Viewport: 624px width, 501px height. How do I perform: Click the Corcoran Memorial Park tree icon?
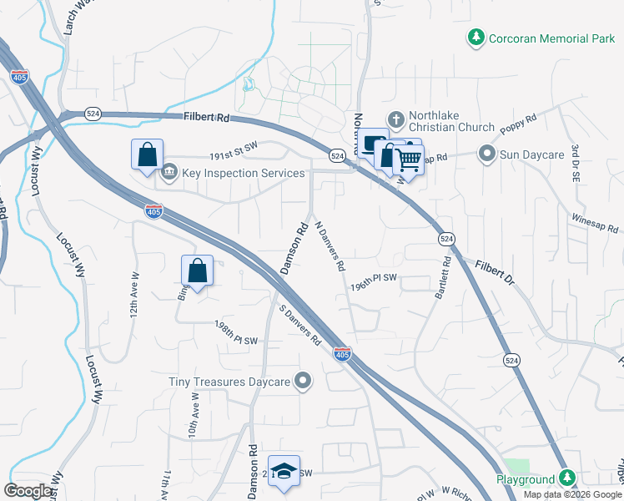(x=476, y=38)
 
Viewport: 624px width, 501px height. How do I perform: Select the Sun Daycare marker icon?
(x=486, y=154)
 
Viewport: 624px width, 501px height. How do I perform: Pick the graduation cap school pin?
(x=283, y=469)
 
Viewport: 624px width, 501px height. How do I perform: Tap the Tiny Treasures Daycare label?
(x=229, y=382)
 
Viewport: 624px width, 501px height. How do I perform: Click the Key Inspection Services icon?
(x=169, y=172)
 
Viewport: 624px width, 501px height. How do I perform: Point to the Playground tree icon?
(x=567, y=478)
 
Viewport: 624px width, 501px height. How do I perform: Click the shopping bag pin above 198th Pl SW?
(x=197, y=271)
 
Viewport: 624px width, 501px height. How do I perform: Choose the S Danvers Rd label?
(x=300, y=326)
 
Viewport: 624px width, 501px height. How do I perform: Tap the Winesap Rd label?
(x=595, y=222)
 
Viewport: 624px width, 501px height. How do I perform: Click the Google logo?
(x=28, y=490)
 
